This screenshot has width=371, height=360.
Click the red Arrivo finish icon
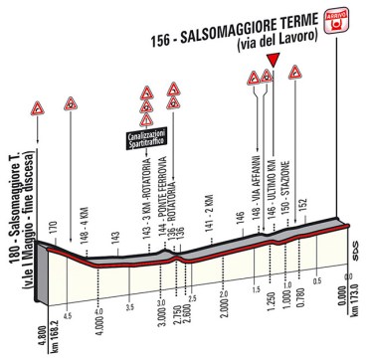click(340, 18)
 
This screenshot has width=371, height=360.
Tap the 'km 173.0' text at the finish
click(355, 332)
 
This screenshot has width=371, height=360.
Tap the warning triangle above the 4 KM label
click(70, 104)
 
